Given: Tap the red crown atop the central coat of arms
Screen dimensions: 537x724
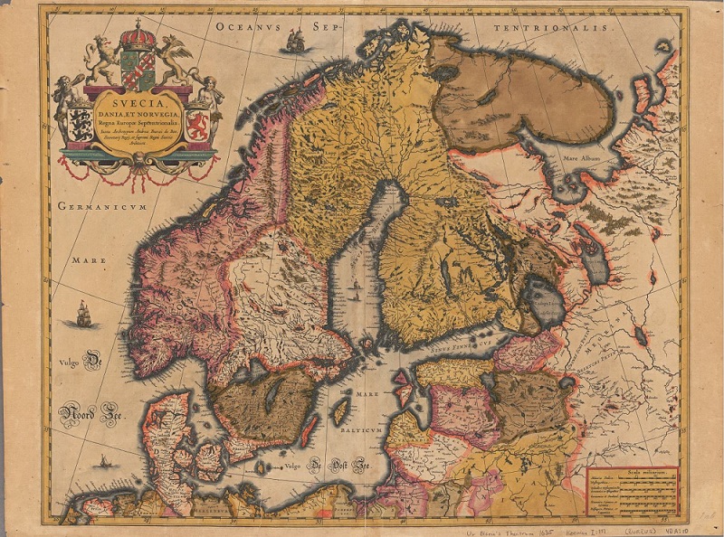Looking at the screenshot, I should click(138, 37).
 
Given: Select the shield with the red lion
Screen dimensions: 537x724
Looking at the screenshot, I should click(197, 123).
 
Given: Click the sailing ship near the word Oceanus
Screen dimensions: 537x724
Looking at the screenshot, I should click(294, 39).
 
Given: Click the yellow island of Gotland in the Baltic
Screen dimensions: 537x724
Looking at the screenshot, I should click(342, 413).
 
